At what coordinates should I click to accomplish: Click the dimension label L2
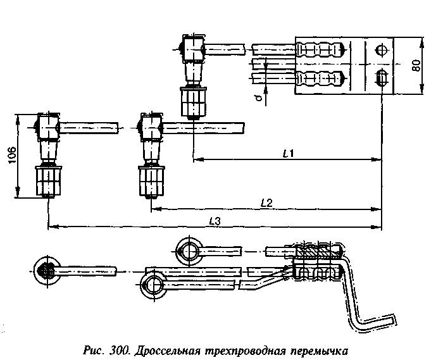pos(266,202)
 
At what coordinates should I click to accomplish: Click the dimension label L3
pos(215,221)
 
